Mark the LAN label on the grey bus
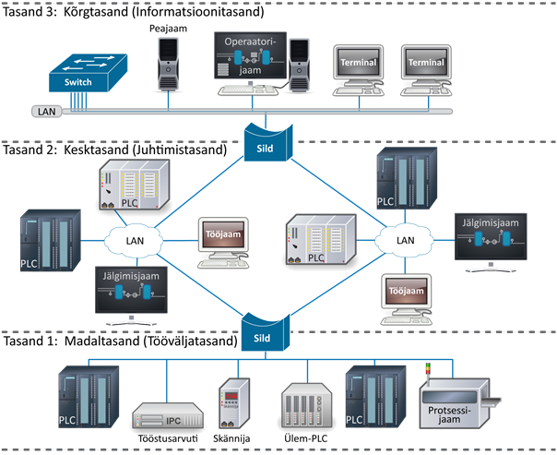46,112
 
